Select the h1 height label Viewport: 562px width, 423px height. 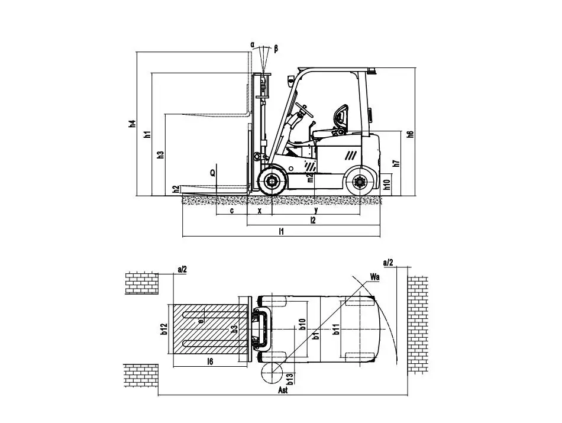point(148,135)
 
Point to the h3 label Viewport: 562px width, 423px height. point(160,155)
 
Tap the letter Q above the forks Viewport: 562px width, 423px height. point(212,173)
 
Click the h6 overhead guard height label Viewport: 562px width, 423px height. point(410,134)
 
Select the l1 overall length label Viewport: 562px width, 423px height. point(282,231)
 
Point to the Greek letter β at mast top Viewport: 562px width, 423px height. point(276,48)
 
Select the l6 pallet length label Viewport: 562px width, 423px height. point(210,361)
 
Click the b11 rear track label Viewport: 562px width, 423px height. point(336,328)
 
